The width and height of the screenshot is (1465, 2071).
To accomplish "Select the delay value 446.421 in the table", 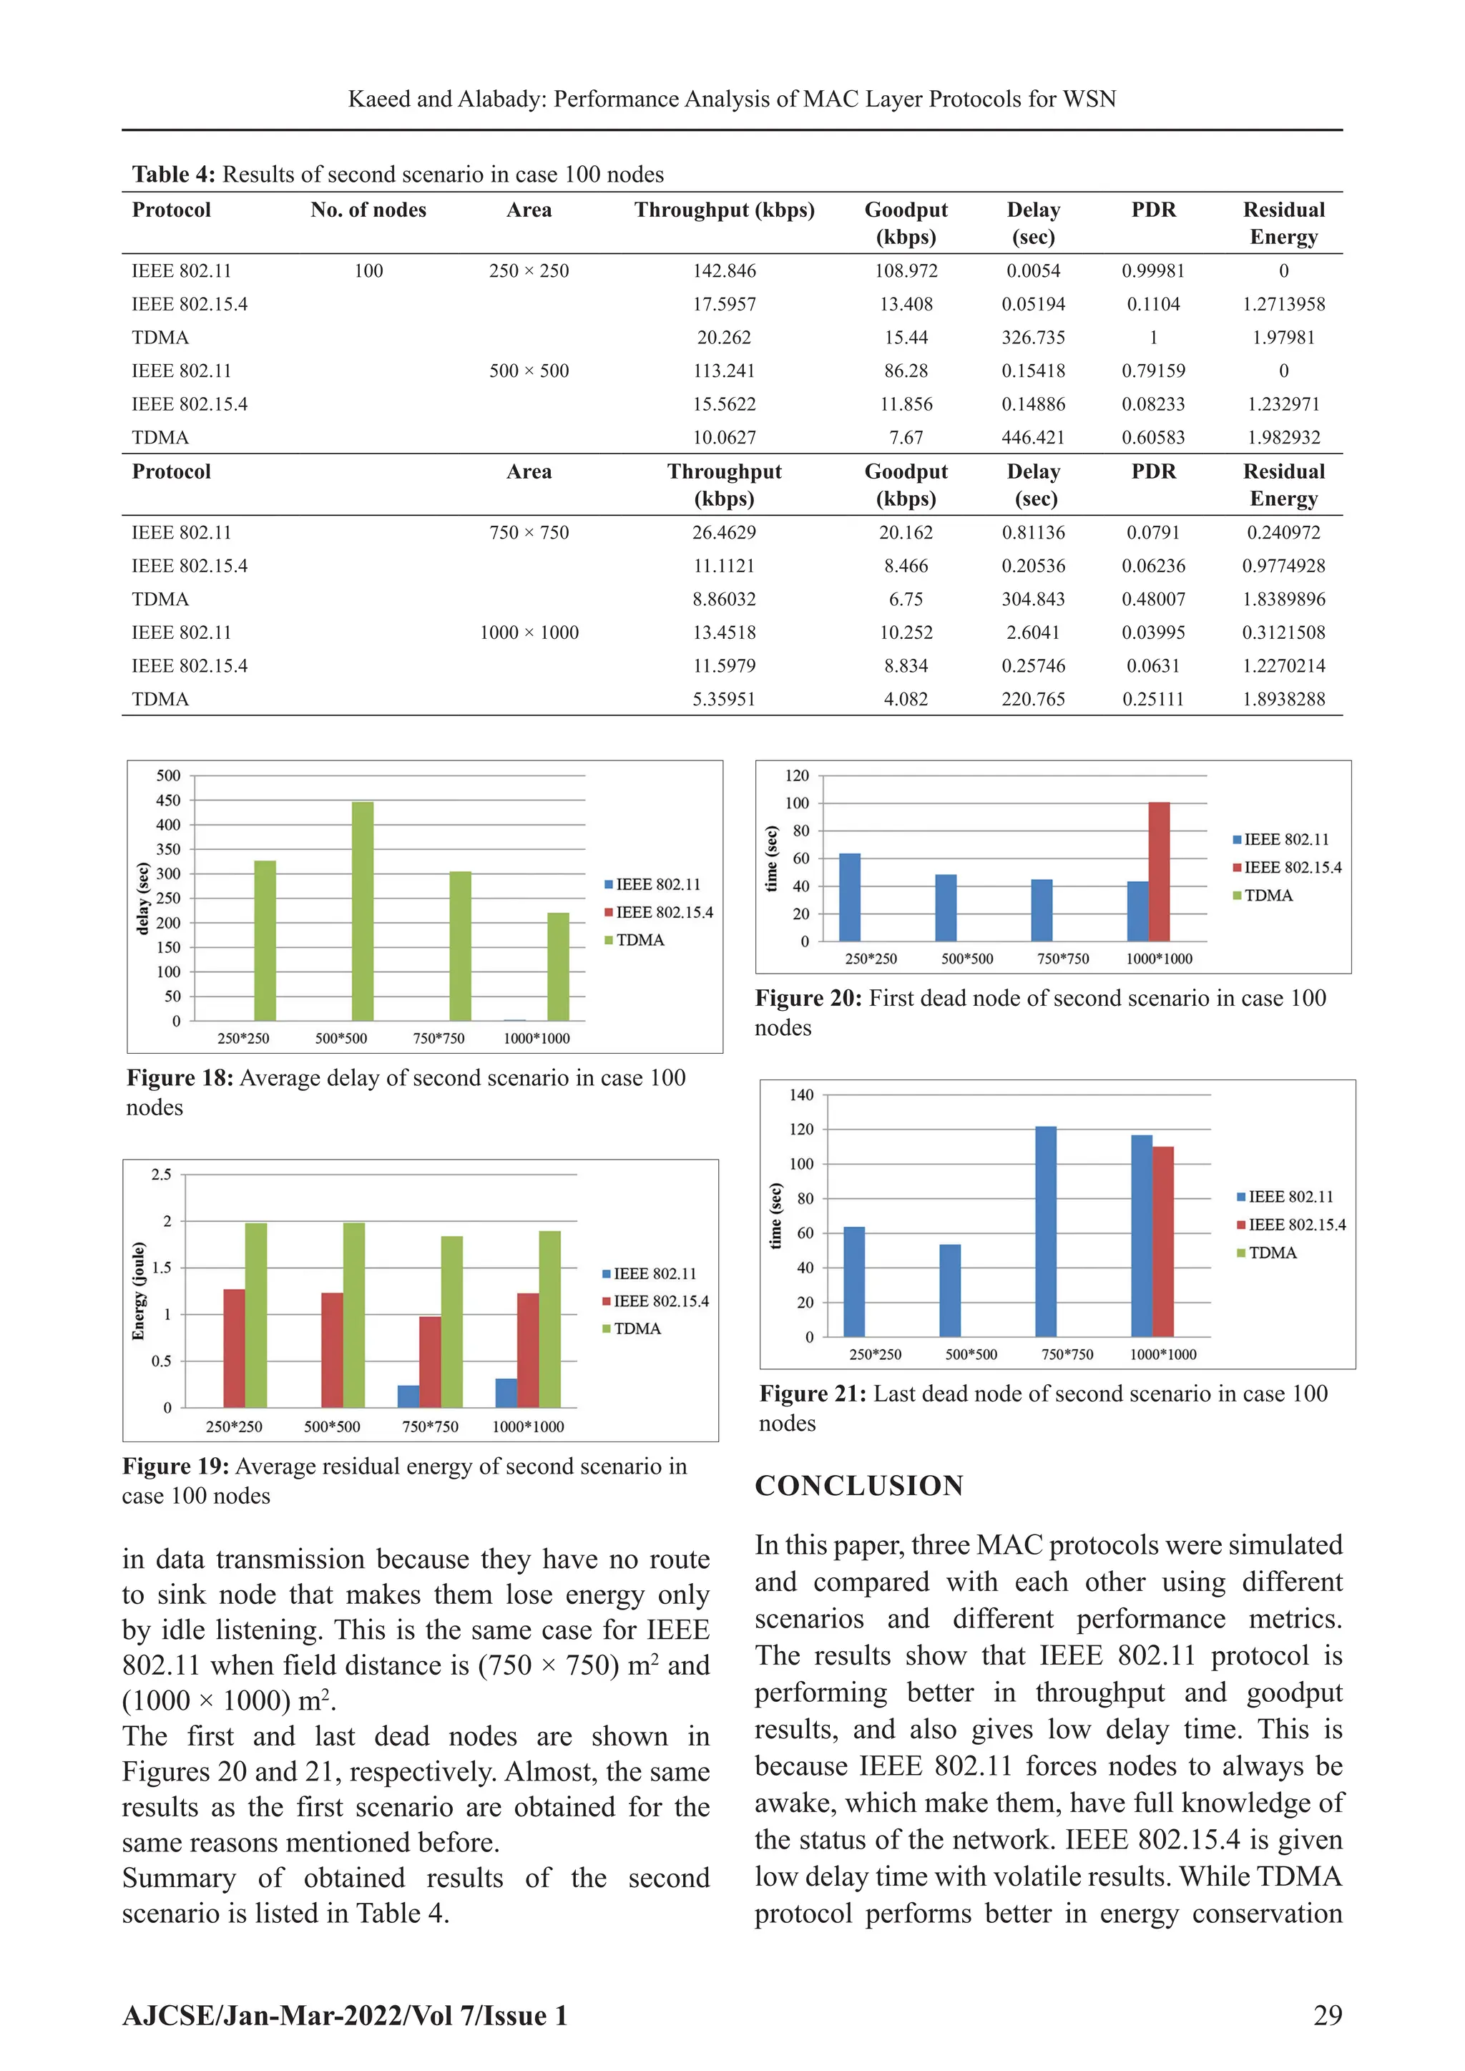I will click(1033, 438).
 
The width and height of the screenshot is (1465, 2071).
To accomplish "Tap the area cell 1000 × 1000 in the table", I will click(529, 632).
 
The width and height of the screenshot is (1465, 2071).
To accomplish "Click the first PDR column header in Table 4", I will click(1153, 210).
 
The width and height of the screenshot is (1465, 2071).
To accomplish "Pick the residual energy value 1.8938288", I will click(1283, 699).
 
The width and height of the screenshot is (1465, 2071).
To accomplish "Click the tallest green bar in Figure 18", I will click(363, 911).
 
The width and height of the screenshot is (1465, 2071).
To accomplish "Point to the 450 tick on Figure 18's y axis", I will click(169, 800).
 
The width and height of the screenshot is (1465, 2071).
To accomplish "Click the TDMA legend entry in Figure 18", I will click(639, 940).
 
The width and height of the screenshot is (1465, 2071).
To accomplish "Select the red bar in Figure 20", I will click(1158, 871).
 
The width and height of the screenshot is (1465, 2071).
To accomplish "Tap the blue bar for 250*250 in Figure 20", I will click(850, 898).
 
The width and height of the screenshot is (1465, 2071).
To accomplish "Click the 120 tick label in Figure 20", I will click(797, 775).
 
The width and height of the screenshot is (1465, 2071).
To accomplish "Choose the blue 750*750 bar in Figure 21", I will click(1046, 1231).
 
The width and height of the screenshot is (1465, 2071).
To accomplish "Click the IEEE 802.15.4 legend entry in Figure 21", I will click(1296, 1225).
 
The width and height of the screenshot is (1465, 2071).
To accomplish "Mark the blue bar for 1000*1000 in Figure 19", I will click(506, 1393).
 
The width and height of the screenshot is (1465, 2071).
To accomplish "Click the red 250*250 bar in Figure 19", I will click(235, 1348).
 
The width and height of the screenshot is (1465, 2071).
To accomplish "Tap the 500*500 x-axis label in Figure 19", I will click(332, 1427).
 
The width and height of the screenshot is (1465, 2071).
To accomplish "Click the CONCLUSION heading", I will click(859, 1486).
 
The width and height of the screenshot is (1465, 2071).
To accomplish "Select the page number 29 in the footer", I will click(1327, 2015).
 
